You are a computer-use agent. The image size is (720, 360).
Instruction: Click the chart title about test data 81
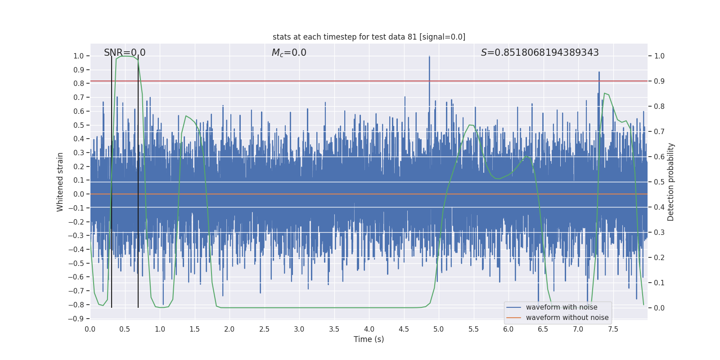[369, 37]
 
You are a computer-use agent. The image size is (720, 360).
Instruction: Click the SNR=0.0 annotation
[125, 53]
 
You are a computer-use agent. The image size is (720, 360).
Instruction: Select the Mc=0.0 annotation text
[289, 53]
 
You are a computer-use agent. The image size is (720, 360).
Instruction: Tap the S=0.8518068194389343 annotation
[540, 53]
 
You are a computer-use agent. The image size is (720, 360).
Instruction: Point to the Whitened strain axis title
[60, 182]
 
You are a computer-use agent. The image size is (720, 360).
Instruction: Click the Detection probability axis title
[671, 182]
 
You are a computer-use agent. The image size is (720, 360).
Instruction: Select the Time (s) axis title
[369, 339]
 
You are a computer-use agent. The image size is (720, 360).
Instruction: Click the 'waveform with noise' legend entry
[561, 307]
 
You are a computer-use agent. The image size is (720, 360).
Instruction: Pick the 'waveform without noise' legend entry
[567, 318]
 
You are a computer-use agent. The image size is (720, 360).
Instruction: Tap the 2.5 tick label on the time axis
[264, 329]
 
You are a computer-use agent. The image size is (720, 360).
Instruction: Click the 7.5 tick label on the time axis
[613, 329]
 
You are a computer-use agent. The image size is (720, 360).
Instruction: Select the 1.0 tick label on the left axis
[78, 56]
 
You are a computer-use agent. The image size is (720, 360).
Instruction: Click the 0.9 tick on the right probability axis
[659, 81]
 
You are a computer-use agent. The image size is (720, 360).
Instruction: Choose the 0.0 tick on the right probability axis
[659, 308]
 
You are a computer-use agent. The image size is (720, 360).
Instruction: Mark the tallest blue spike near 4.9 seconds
[429, 57]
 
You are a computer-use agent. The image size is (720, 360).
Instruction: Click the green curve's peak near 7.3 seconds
[604, 93]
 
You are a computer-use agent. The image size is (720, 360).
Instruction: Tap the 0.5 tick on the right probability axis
[659, 182]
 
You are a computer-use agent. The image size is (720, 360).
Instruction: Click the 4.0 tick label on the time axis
[369, 329]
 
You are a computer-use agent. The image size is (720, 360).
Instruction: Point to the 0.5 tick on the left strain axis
[78, 125]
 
